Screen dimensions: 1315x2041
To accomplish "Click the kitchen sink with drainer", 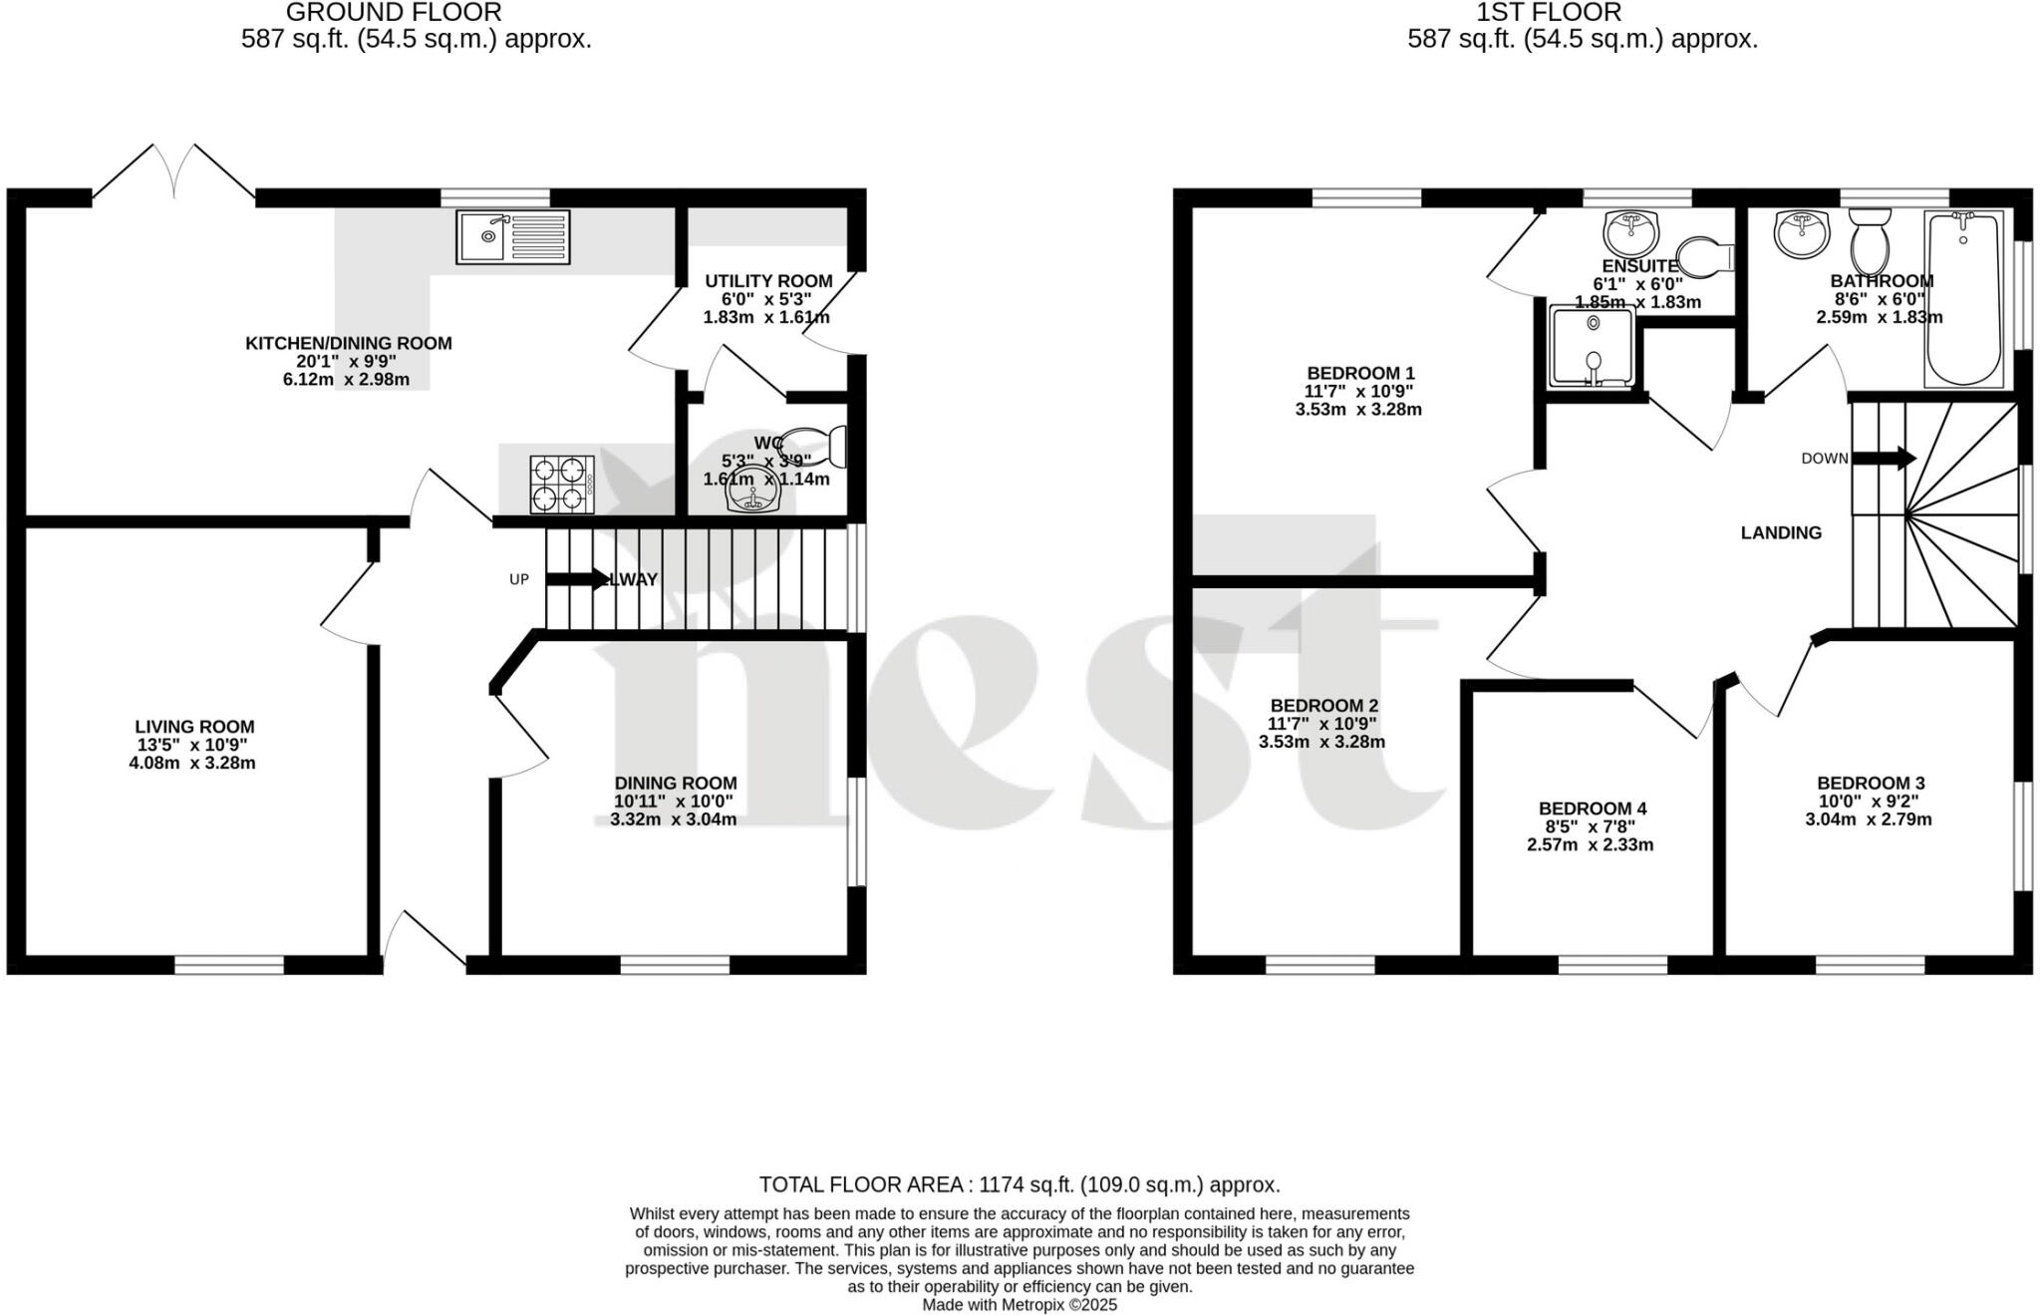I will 513,237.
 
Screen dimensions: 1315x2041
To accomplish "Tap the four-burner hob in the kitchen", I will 562,484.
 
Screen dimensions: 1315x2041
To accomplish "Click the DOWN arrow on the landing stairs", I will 1884,459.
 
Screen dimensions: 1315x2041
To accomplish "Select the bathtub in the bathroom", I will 1963,298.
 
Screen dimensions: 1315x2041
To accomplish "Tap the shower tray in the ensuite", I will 1592,347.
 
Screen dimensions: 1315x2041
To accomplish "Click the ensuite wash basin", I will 1630,233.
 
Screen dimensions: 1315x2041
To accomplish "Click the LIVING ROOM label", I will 195,727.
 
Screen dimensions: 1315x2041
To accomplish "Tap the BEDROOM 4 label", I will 1593,809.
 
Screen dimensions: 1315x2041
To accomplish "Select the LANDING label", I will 1781,532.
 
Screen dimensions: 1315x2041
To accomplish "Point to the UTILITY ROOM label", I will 768,281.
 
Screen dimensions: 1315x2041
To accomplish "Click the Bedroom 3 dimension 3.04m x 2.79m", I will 1868,820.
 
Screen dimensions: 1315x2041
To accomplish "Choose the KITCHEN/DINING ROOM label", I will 349,343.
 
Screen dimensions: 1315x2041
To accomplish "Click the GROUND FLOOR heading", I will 394,12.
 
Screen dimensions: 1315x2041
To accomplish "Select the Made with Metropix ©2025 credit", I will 1020,1304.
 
